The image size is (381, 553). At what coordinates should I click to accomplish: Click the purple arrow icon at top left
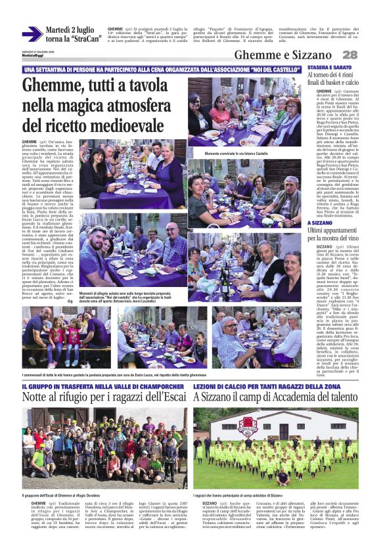tap(32, 34)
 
